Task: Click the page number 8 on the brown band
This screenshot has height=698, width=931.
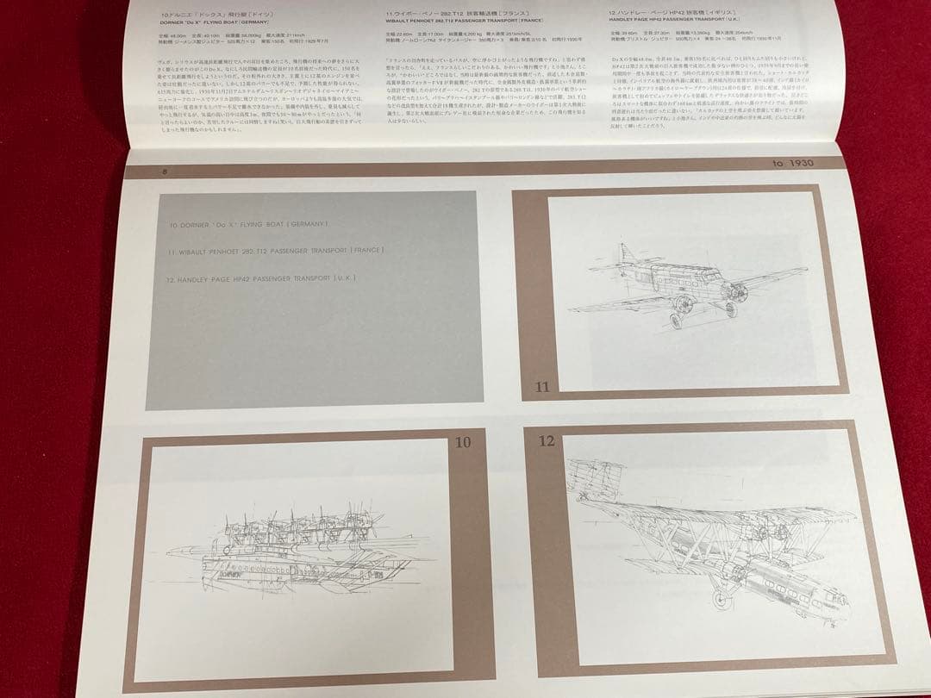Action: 163,171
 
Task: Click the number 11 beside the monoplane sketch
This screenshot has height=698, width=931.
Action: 541,387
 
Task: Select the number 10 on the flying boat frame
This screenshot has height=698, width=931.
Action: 463,443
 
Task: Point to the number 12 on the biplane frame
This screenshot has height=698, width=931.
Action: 546,442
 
